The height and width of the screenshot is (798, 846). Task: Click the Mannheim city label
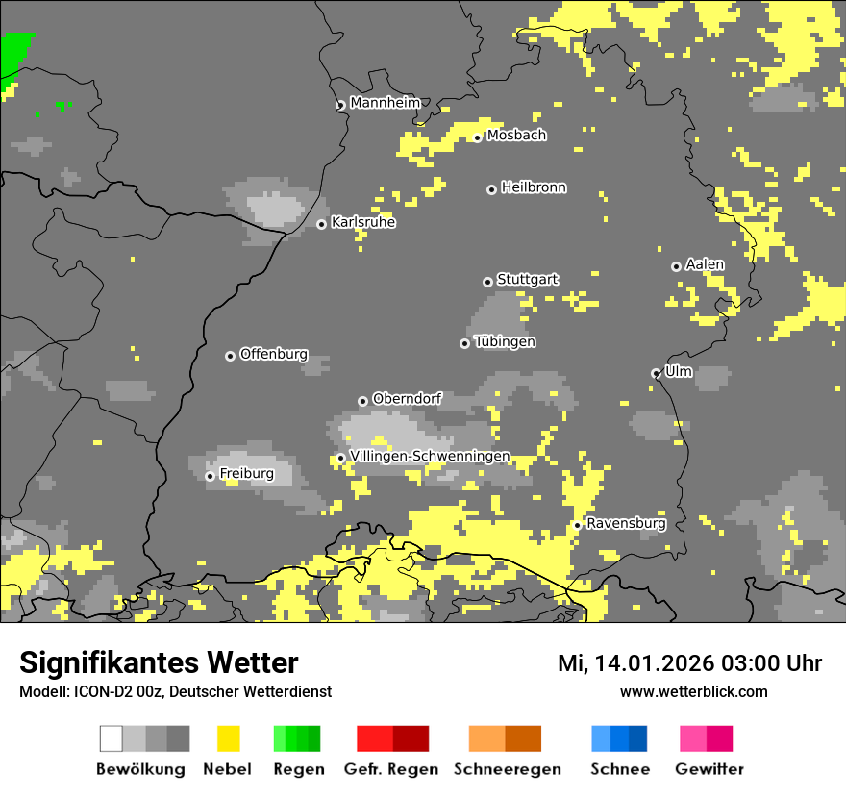(x=385, y=103)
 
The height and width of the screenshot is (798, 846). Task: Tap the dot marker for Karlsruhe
(x=322, y=224)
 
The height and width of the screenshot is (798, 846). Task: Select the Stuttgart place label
(x=527, y=280)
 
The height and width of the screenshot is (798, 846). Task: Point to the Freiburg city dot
(x=210, y=476)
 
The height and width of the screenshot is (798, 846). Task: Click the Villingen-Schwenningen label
(x=430, y=456)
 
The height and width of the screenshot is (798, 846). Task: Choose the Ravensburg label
(x=626, y=524)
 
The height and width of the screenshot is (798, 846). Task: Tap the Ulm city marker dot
(x=657, y=373)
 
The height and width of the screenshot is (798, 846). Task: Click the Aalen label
(x=705, y=264)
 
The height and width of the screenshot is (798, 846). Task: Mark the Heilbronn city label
(x=534, y=187)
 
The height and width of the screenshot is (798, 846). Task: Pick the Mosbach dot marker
(x=477, y=137)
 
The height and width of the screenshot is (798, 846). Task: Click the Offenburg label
(x=274, y=354)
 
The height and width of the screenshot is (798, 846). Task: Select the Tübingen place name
(x=505, y=342)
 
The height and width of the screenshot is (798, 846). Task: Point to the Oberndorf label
(x=407, y=398)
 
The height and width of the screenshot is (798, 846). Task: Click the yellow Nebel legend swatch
(x=228, y=738)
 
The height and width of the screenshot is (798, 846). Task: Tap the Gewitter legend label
(x=709, y=769)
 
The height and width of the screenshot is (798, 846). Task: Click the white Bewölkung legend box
(x=112, y=738)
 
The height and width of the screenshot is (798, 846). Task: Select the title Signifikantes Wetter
(x=159, y=662)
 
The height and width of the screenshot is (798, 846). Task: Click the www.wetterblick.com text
(x=693, y=691)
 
